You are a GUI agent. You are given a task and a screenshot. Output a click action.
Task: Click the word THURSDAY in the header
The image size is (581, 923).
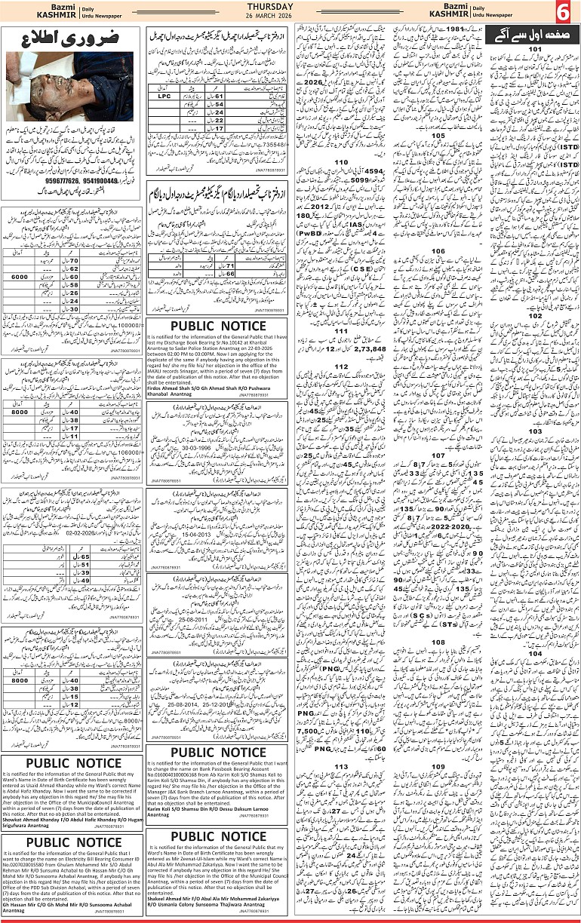coord(290,8)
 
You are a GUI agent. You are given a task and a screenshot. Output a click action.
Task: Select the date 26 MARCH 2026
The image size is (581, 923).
coord(290,18)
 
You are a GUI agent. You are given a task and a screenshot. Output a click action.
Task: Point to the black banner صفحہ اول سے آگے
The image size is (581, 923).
coord(533,34)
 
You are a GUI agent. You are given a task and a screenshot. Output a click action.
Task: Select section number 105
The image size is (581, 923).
coord(438,137)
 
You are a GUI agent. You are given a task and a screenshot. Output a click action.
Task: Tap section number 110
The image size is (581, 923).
coord(341,162)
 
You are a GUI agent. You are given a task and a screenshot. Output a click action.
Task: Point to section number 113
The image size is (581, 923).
coord(341,766)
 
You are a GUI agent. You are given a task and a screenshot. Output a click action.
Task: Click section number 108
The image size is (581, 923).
coord(438,642)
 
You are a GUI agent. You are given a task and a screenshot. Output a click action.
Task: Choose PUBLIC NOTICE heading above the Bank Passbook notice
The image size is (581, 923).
coord(217,753)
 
